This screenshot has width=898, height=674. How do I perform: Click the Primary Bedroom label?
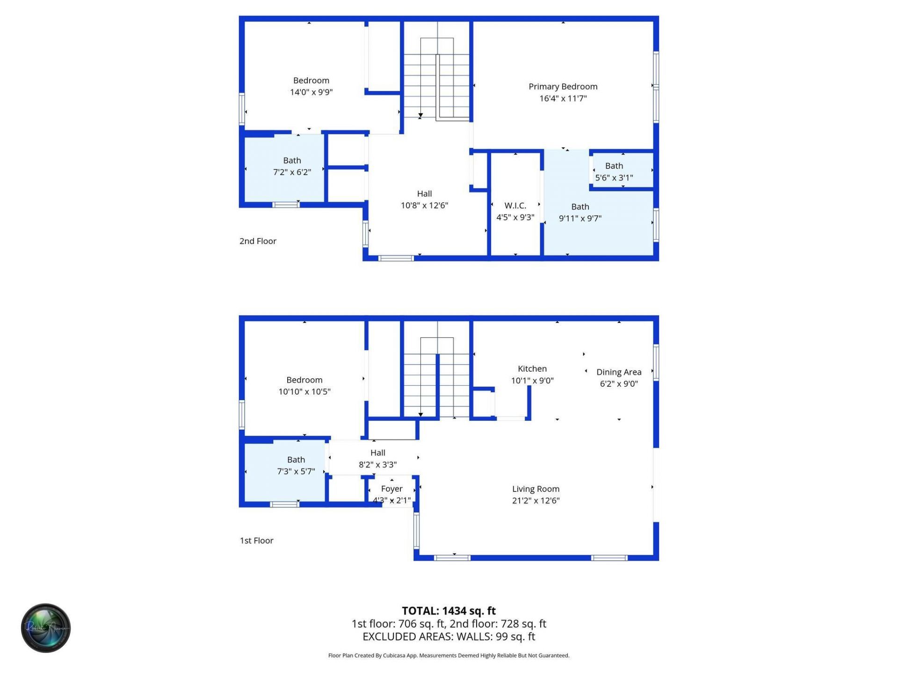(x=563, y=87)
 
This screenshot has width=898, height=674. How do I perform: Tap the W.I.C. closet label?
(x=515, y=205)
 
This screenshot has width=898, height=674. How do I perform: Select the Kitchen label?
(x=532, y=369)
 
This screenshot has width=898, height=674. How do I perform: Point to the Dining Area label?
(x=618, y=372)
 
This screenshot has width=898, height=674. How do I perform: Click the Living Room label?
(x=536, y=489)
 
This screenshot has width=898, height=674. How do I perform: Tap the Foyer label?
(x=391, y=489)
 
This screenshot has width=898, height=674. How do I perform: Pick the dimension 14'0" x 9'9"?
(x=311, y=92)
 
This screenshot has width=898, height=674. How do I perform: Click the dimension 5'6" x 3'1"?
(x=614, y=178)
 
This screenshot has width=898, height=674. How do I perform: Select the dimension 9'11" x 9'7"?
(x=580, y=218)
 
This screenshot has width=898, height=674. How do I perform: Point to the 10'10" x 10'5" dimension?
(x=304, y=392)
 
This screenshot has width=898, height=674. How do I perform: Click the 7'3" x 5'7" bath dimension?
(x=296, y=471)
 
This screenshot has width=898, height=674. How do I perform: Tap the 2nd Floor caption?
(x=258, y=241)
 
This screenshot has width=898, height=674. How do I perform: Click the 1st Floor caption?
(x=256, y=541)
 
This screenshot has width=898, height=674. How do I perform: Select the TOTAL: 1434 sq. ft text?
(x=449, y=611)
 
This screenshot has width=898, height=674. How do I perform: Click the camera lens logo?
(x=46, y=628)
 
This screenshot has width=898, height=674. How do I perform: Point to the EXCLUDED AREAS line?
(x=449, y=637)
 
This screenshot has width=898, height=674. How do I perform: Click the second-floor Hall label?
(x=424, y=194)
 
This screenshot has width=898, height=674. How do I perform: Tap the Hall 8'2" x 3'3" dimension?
(x=377, y=465)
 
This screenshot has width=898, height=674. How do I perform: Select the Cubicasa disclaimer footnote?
(x=449, y=656)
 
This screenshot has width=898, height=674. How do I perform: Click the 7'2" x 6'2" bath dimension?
(x=292, y=172)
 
